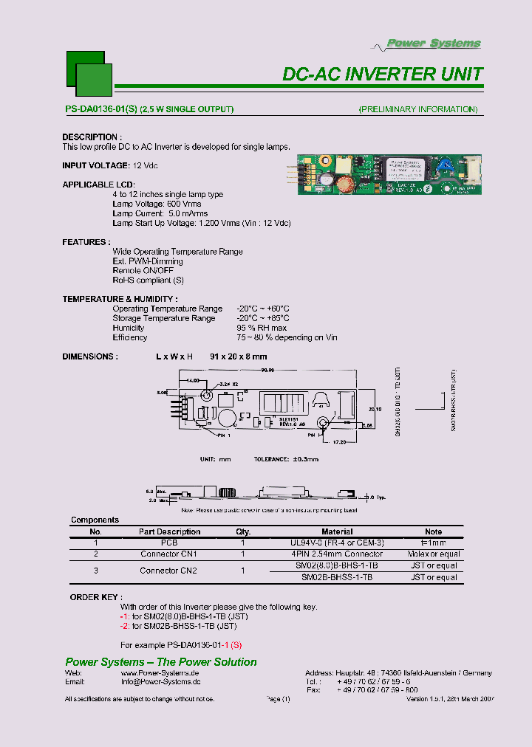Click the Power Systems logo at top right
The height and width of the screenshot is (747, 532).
tap(434, 44)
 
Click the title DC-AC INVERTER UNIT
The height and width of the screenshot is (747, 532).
tap(383, 75)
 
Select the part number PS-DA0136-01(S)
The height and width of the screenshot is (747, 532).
tap(100, 109)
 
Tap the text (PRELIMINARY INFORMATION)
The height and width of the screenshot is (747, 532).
tap(418, 109)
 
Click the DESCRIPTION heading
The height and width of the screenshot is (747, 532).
tap(90, 137)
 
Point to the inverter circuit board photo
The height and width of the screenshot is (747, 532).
tap(390, 176)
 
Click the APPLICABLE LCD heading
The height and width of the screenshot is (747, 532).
tap(98, 185)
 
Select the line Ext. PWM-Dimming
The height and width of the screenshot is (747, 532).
tap(148, 261)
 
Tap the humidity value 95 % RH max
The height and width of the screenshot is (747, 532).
tap(262, 328)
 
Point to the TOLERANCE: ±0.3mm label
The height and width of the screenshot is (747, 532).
tap(286, 459)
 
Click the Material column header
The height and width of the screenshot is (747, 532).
tap(337, 531)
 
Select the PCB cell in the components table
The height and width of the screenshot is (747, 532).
tap(169, 543)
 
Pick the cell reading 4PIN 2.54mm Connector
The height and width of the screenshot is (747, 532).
tap(337, 554)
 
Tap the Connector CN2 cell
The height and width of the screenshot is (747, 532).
tap(168, 571)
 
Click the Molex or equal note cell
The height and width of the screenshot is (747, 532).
tap(434, 554)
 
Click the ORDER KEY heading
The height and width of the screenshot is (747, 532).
tap(97, 596)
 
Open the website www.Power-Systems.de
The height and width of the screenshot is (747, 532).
tap(160, 673)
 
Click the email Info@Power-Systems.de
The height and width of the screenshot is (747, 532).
tap(160, 683)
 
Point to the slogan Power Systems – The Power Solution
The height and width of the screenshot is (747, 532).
tap(161, 662)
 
